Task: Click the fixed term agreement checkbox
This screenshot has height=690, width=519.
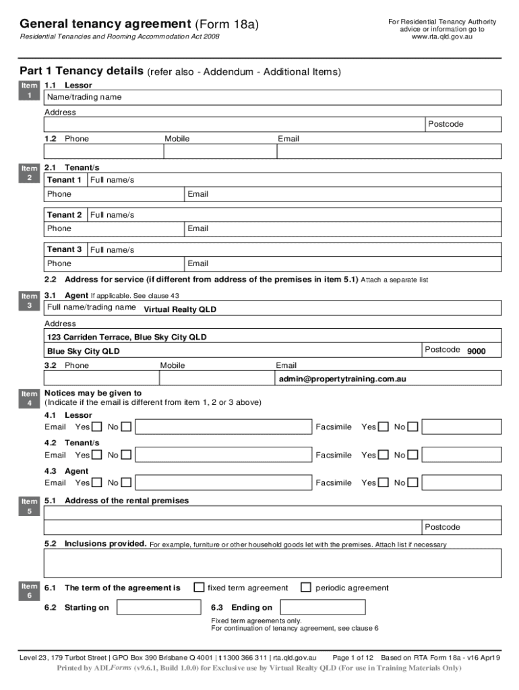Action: pyautogui.click(x=199, y=588)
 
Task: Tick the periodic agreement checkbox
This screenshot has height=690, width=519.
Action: pyautogui.click(x=306, y=588)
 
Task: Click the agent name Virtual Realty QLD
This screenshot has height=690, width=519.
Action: pyautogui.click(x=180, y=310)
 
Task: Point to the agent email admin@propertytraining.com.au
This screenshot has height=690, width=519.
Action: pyautogui.click(x=342, y=379)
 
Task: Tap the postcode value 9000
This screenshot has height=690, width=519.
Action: pyautogui.click(x=476, y=352)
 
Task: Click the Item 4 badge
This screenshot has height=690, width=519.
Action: pyautogui.click(x=29, y=398)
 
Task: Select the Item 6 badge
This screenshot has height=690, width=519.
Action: pyautogui.click(x=29, y=591)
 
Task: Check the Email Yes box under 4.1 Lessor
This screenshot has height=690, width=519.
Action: pyautogui.click(x=97, y=427)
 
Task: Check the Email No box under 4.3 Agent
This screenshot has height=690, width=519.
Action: pyautogui.click(x=126, y=482)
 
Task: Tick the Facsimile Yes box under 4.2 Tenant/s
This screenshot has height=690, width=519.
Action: pyautogui.click(x=384, y=455)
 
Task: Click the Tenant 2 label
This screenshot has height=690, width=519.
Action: pyautogui.click(x=65, y=215)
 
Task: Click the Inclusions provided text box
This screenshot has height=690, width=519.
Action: pyautogui.click(x=272, y=563)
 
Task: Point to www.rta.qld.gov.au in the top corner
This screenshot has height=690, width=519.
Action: pyautogui.click(x=441, y=37)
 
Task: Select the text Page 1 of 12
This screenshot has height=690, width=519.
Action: pyautogui.click(x=353, y=657)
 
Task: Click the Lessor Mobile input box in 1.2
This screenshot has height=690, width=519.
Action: pyautogui.click(x=219, y=152)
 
